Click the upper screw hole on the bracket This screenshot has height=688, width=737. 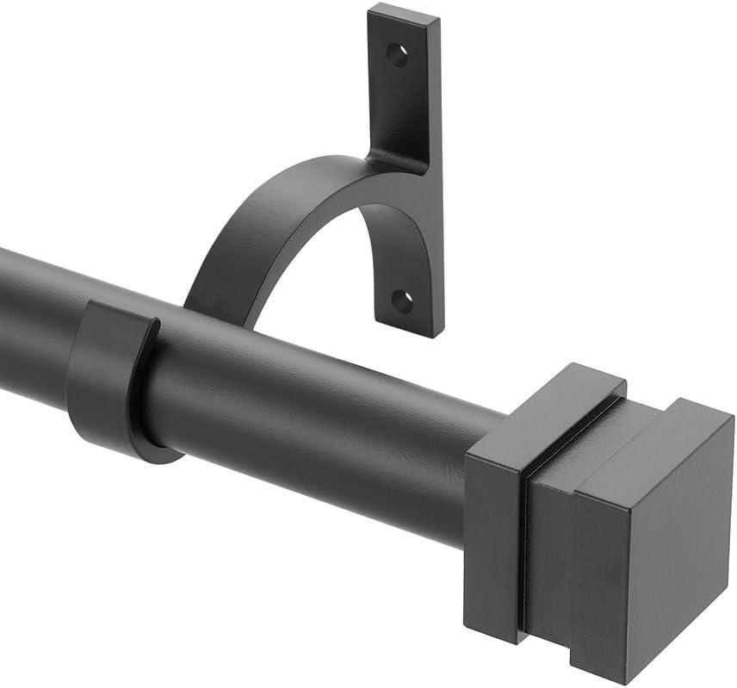[397, 56]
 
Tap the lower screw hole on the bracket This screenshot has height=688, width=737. [402, 301]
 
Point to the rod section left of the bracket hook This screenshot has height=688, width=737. [34, 319]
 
